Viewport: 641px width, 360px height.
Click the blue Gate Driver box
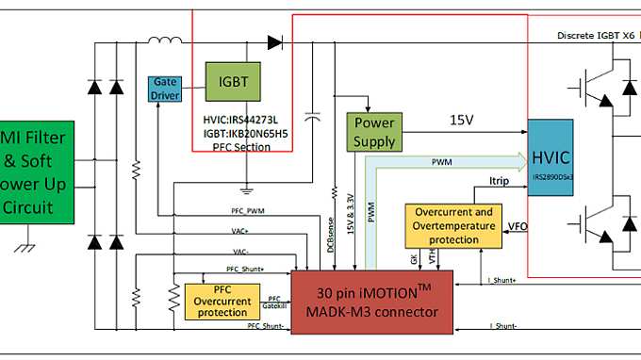(164, 89)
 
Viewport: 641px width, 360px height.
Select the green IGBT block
(233, 82)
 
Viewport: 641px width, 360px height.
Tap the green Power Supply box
(373, 133)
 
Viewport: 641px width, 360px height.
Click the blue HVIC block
(551, 156)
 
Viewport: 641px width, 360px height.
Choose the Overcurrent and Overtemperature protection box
(454, 226)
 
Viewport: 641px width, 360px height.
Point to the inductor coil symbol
(166, 40)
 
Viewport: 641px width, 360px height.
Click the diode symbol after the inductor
(274, 41)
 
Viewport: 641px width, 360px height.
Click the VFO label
(518, 226)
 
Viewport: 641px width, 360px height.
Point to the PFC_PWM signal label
(248, 211)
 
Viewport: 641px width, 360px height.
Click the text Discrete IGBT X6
(596, 36)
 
